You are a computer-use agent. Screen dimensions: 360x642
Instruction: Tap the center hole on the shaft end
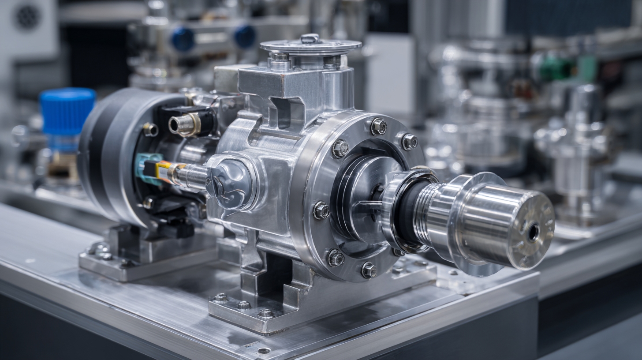533,232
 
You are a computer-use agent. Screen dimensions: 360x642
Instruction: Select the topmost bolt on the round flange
378,127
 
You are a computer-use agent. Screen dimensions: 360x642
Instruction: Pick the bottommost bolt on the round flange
369,270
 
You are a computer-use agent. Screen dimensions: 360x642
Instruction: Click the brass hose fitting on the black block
184,125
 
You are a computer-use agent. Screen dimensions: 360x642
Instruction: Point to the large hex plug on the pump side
229,182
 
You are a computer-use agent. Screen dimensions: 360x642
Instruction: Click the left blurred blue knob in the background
183,39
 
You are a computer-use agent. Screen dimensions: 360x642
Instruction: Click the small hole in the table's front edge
264,351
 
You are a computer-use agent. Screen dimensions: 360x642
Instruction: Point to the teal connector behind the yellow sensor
145,168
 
